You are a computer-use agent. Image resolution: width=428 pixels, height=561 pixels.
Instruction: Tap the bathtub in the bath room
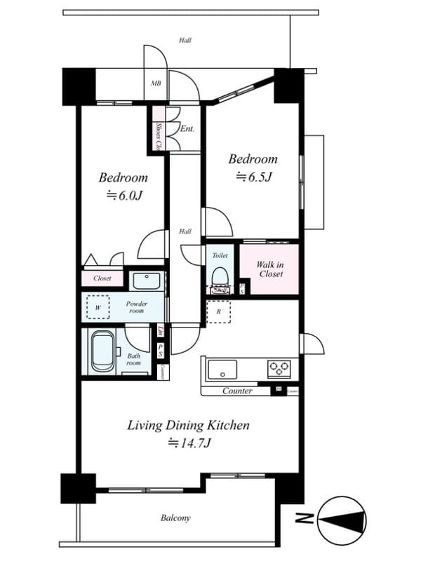tap(102, 351)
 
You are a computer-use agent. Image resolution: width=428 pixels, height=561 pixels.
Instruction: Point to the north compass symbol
tap(342, 520)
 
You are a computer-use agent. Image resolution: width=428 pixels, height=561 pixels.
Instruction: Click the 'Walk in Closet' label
tap(269, 269)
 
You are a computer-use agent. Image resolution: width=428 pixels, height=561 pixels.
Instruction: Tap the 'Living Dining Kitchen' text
tap(188, 425)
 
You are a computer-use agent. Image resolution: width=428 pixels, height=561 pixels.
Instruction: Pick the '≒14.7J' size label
tap(189, 442)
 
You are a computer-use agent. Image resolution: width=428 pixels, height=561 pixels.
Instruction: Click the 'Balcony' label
tap(175, 518)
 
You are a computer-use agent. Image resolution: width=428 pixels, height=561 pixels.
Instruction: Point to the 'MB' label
tap(156, 83)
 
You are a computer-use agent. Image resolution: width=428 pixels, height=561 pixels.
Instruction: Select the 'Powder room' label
tap(137, 307)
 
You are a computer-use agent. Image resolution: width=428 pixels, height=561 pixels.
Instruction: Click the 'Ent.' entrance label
tap(187, 129)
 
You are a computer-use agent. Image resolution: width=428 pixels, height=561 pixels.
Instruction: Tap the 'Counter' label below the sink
tap(237, 391)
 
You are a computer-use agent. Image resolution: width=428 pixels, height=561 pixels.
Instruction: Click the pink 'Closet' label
tap(102, 278)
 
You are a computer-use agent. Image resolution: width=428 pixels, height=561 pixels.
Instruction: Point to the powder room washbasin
tap(146, 282)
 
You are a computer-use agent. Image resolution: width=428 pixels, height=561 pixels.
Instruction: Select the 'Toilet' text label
tap(220, 256)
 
